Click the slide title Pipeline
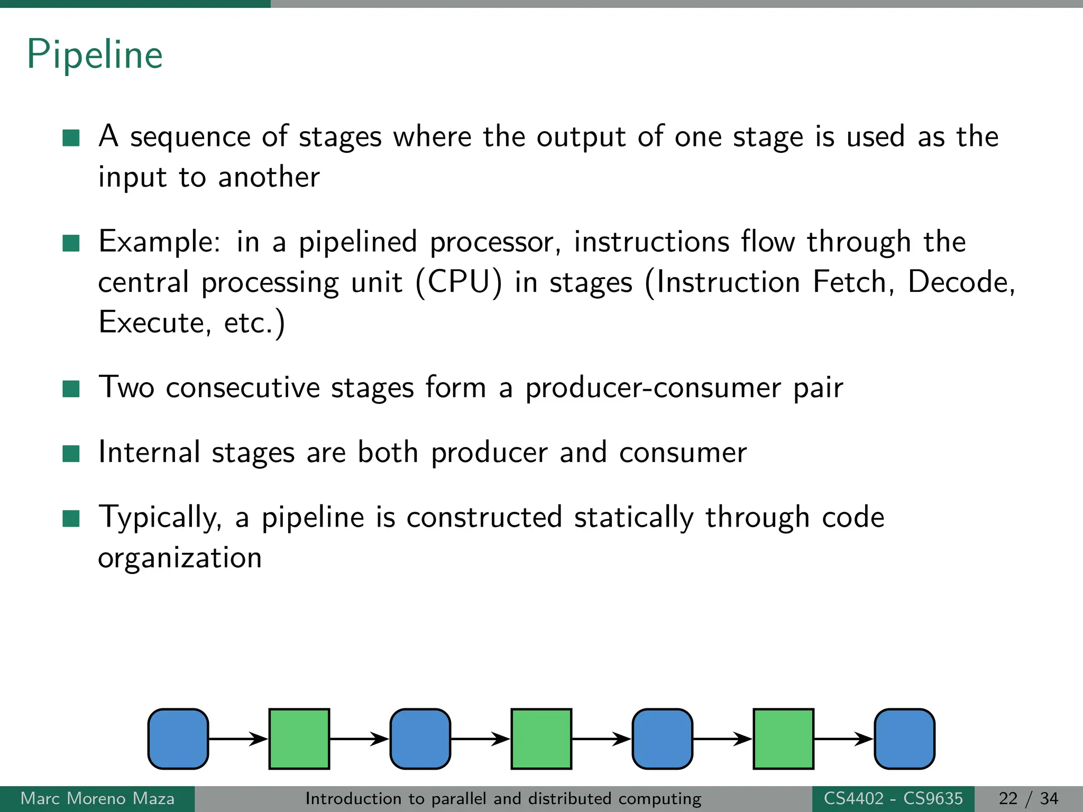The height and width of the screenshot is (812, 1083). coord(95,54)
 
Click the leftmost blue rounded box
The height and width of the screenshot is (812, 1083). coord(178,739)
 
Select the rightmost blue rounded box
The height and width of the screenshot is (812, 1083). coord(904,739)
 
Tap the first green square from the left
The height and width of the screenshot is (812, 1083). coord(299,739)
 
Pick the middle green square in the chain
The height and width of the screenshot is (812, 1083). coord(541,739)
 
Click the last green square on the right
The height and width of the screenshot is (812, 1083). coord(783,739)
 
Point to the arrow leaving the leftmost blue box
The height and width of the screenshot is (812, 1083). coord(238,739)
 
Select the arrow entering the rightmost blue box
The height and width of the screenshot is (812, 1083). coord(843,739)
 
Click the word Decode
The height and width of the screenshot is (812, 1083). coord(958,282)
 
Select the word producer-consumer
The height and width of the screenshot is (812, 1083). coord(653,387)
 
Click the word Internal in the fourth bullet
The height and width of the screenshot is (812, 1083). coord(150,453)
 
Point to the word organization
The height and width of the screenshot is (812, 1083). coord(180,558)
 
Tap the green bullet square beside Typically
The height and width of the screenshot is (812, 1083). coord(71,519)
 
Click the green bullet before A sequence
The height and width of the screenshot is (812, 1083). coord(71,137)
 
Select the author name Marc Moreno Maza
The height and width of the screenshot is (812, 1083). coord(97,798)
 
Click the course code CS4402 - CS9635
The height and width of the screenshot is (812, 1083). coord(893,798)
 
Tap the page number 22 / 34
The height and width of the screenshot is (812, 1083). coord(1028,798)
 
